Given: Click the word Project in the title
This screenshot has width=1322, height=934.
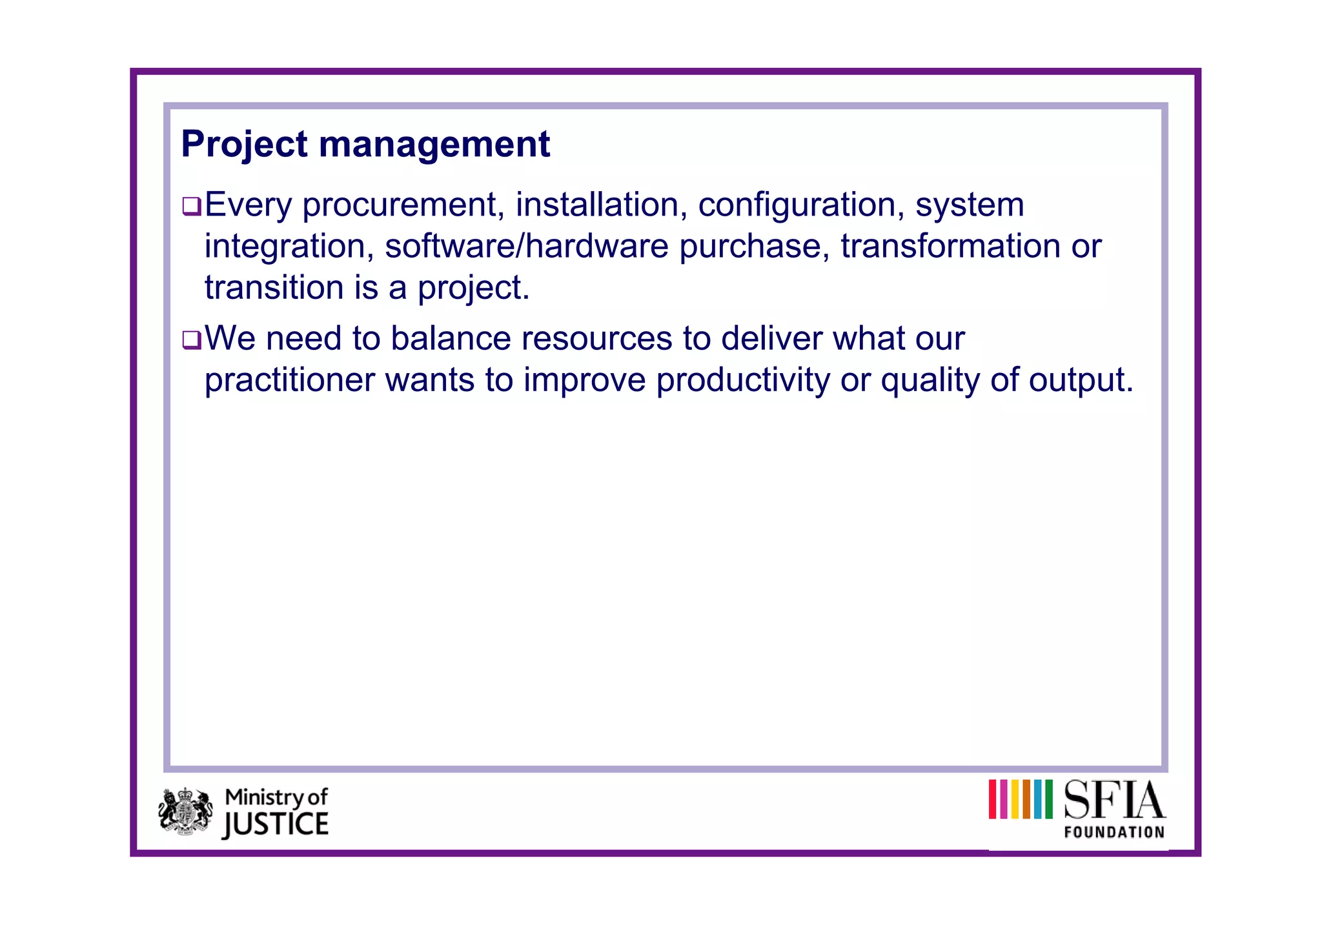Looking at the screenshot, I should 244,145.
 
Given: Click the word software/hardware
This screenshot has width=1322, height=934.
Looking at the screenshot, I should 526,247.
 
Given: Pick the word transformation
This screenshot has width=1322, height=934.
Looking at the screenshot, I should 950,247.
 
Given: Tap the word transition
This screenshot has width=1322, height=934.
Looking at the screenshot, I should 274,288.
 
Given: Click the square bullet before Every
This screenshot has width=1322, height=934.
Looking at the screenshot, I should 192,207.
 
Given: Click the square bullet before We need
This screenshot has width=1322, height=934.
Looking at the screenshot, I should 192,340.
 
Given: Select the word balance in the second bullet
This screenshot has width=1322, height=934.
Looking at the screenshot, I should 450,339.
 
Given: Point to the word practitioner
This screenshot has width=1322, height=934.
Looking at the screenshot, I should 289,381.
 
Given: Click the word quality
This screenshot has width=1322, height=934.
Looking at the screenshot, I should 930,381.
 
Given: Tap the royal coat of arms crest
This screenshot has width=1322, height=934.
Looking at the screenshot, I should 185,811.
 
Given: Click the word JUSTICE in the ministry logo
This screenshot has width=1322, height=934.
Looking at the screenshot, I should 276,824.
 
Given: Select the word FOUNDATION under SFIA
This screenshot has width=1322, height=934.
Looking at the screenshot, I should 1114,832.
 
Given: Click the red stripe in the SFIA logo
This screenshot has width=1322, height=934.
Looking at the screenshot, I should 993,799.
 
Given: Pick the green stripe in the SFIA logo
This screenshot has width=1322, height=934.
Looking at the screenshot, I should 1048,799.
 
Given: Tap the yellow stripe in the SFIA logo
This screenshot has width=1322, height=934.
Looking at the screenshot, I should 1015,799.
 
